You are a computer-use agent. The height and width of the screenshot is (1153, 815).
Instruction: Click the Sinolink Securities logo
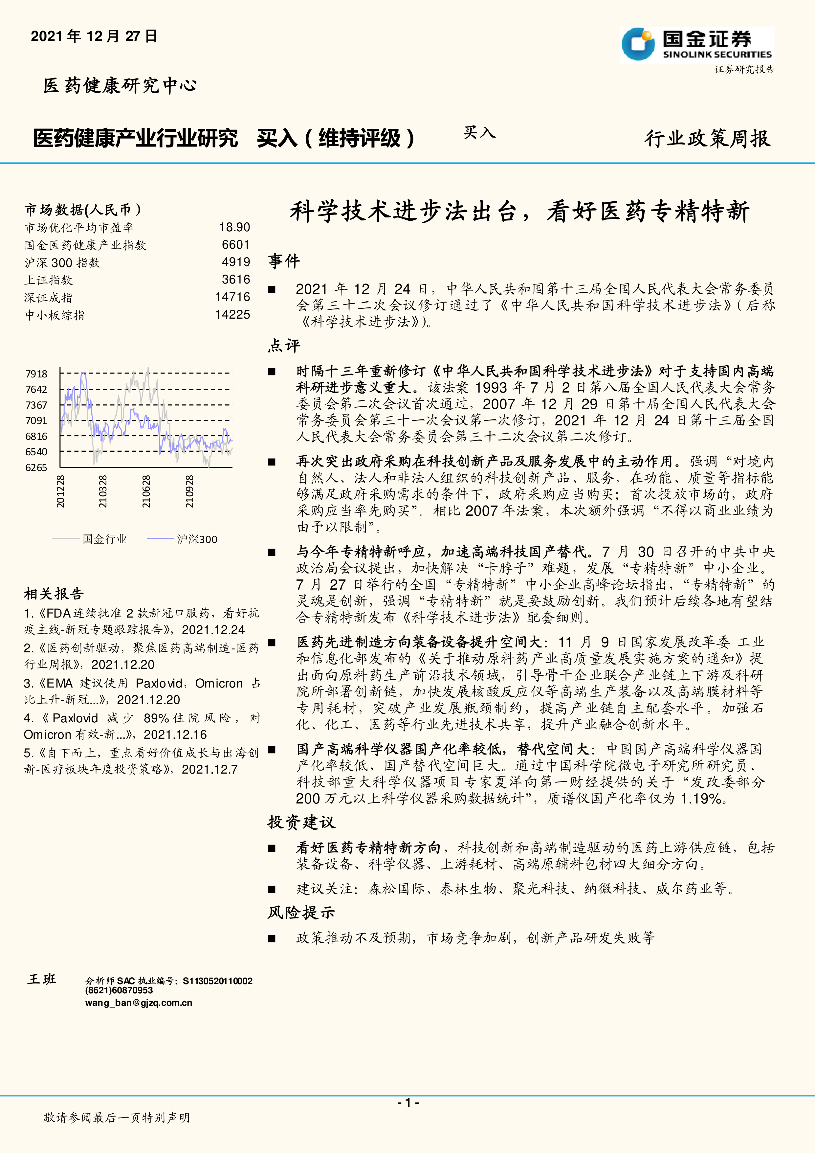tap(696, 45)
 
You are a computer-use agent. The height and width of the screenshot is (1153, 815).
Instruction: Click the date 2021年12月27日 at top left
tap(94, 36)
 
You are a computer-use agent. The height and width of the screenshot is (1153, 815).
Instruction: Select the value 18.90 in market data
tap(234, 228)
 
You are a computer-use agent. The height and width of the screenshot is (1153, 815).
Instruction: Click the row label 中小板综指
tap(55, 315)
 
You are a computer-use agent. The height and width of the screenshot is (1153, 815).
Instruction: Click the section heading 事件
tap(284, 261)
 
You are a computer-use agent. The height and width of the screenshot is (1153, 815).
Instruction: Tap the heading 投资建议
tap(301, 823)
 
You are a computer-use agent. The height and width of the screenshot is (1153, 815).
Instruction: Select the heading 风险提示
tap(301, 913)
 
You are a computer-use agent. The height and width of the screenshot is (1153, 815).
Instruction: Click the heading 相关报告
tap(54, 594)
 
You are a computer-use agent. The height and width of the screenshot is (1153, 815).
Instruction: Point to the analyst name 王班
tap(42, 979)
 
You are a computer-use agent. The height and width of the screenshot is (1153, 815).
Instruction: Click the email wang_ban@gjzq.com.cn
tap(139, 1003)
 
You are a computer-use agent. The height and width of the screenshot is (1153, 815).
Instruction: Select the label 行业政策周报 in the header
tap(707, 139)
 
